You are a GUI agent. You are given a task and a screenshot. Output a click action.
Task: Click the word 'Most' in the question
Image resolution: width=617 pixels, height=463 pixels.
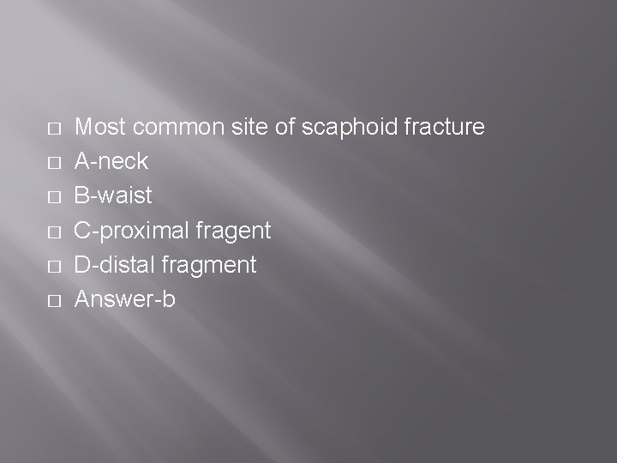(x=99, y=128)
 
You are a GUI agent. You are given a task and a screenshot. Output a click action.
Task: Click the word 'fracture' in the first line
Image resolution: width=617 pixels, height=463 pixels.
(x=444, y=128)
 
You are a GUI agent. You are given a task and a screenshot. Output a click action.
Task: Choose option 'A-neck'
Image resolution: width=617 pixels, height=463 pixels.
(x=112, y=162)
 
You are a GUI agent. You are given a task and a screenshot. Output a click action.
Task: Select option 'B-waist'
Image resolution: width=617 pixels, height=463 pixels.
(x=114, y=196)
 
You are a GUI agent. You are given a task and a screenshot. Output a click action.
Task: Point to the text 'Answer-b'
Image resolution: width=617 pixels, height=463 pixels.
(x=125, y=300)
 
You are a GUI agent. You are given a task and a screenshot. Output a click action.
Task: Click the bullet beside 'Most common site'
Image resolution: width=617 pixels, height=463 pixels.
(x=53, y=129)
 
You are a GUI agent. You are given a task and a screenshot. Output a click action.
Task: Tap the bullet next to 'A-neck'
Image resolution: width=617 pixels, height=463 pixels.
(x=53, y=163)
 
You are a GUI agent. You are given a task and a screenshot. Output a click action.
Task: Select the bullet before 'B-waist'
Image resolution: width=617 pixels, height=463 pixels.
(x=53, y=197)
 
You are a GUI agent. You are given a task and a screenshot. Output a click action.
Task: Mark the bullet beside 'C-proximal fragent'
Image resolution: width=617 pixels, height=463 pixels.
(x=53, y=231)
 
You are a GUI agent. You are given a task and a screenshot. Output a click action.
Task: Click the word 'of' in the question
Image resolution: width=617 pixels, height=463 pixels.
(x=286, y=128)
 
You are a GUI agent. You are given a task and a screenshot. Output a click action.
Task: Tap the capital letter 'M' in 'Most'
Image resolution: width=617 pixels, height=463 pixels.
(x=84, y=128)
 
